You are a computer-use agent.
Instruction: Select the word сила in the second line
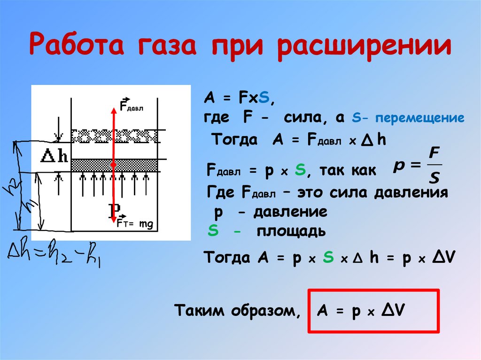tap(302, 117)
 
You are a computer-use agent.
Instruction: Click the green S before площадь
tap(212, 231)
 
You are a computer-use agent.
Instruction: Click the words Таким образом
tap(236, 311)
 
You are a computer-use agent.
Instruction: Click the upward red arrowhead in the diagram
tap(113, 111)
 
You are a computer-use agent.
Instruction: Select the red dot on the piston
tap(113, 165)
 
